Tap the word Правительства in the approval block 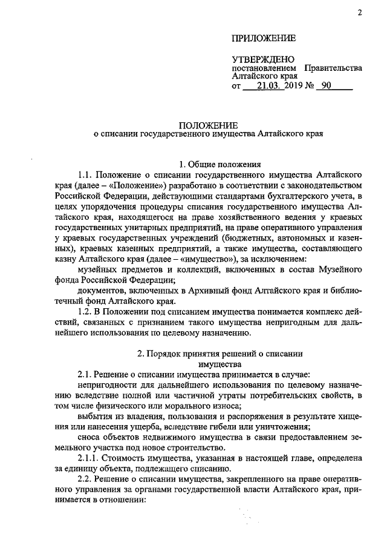[333, 68]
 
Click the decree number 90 [327, 87]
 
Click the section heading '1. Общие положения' [220, 163]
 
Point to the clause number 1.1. [86, 174]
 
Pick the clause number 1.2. [86, 311]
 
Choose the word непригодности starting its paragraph [105, 385]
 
